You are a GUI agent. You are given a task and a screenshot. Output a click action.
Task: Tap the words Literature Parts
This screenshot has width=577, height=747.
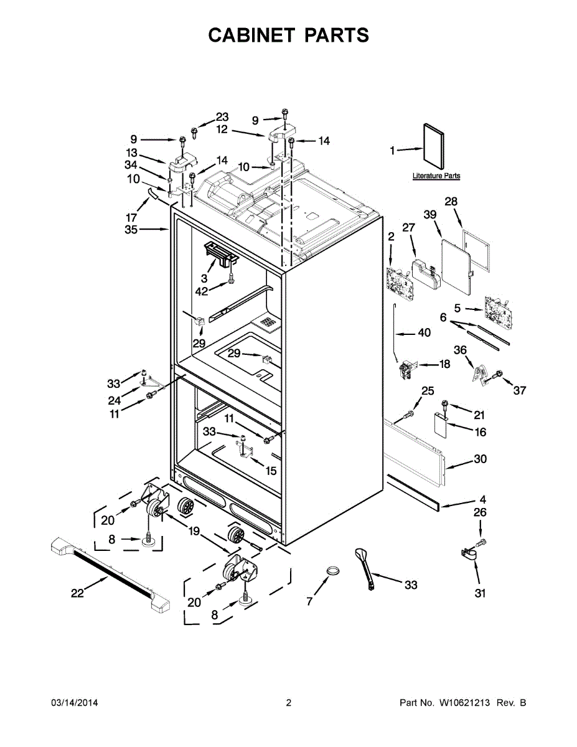436,176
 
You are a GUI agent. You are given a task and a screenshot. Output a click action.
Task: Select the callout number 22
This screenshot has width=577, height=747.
77,593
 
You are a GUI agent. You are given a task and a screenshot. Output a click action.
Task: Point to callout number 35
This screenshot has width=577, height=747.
131,230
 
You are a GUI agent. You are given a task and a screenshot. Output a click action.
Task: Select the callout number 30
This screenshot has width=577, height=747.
481,459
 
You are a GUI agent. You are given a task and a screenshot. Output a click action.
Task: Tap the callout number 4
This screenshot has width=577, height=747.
483,499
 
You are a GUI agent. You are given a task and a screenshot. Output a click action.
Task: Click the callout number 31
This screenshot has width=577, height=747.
480,593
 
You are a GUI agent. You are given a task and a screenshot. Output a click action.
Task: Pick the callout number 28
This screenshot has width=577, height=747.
451,201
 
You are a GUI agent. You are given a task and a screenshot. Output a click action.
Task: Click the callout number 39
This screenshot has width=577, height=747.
430,214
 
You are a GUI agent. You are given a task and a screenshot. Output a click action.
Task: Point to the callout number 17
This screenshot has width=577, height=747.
131,217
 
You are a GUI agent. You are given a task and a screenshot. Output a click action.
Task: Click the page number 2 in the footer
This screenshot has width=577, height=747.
288,703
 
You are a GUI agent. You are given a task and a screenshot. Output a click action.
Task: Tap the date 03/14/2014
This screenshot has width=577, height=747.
74,703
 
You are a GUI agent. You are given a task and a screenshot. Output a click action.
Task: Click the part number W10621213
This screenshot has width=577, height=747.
465,703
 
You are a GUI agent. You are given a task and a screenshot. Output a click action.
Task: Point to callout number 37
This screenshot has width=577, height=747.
520,391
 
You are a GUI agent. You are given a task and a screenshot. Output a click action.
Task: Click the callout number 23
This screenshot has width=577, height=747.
222,117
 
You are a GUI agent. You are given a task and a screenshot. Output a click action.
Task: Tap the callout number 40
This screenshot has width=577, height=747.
424,333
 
